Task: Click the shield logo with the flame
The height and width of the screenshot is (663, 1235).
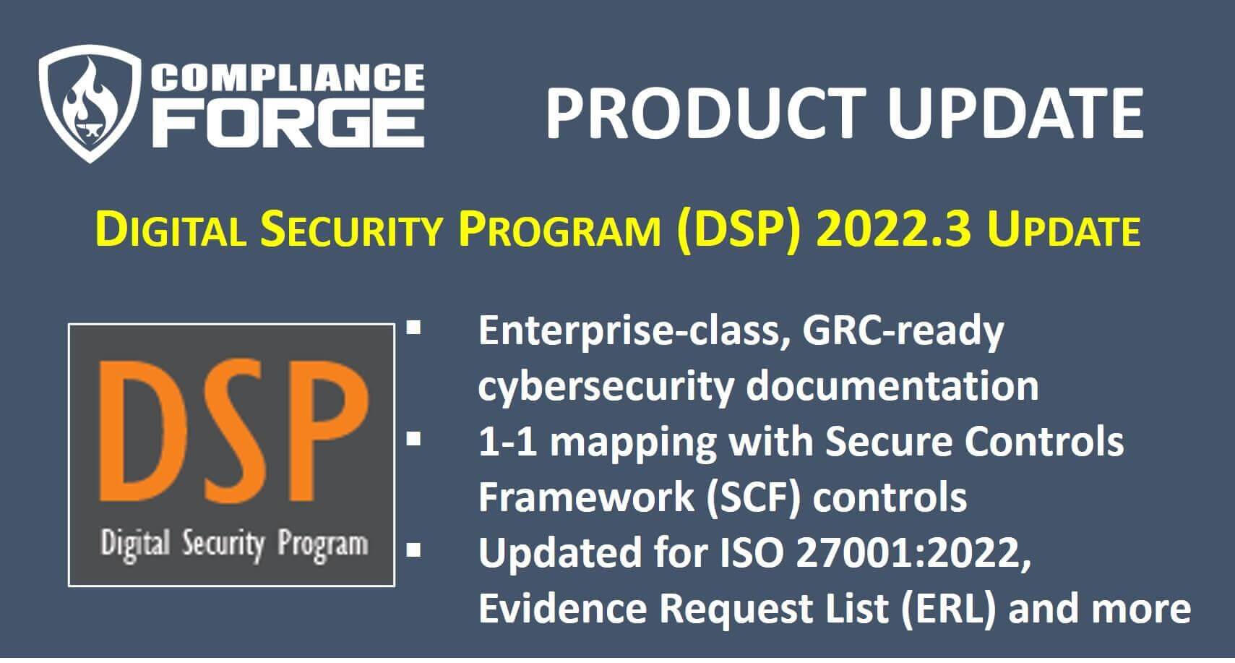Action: pos(90,103)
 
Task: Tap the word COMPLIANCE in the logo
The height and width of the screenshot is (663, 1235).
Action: pos(288,77)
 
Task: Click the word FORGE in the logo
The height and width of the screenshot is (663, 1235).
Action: pos(288,123)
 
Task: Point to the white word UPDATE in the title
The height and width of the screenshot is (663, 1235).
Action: pos(1015,114)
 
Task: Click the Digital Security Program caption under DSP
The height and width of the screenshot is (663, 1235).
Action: pos(234,545)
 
